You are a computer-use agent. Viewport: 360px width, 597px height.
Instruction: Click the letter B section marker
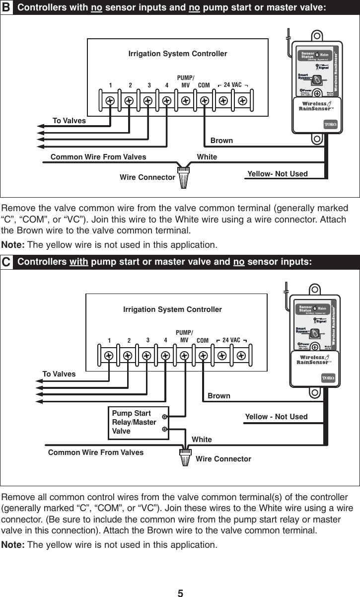pos(6,7)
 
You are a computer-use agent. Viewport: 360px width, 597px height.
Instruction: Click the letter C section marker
pos(6,263)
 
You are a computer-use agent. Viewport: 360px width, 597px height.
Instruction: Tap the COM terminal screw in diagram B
pos(204,100)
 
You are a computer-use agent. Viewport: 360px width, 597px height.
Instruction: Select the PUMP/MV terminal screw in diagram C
pos(184,356)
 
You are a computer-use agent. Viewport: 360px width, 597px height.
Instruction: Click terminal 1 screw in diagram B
pos(110,100)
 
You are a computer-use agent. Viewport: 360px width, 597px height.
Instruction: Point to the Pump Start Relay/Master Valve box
pos(138,422)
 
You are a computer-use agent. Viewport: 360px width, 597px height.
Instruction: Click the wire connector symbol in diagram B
pos(184,176)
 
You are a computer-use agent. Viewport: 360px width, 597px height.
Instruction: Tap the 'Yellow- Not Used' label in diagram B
pos(277,174)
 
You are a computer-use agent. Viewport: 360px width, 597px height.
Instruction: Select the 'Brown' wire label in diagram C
pos(219,396)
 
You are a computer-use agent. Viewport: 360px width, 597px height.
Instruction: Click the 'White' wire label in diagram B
pos(207,157)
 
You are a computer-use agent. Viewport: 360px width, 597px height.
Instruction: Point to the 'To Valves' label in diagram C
pos(59,374)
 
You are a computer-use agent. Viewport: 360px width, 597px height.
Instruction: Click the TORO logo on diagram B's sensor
pos(331,123)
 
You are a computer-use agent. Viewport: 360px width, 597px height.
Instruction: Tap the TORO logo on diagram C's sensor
pos(328,378)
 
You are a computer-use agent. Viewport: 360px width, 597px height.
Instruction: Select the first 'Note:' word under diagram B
pos(13,245)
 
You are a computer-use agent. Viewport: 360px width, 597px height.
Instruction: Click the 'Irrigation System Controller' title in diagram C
pos(172,309)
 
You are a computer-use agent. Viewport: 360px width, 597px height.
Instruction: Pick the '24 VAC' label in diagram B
pos(232,85)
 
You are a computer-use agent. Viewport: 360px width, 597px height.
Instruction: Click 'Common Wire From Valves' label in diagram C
pos(95,452)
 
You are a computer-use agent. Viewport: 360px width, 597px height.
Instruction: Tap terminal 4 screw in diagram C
pos(165,356)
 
